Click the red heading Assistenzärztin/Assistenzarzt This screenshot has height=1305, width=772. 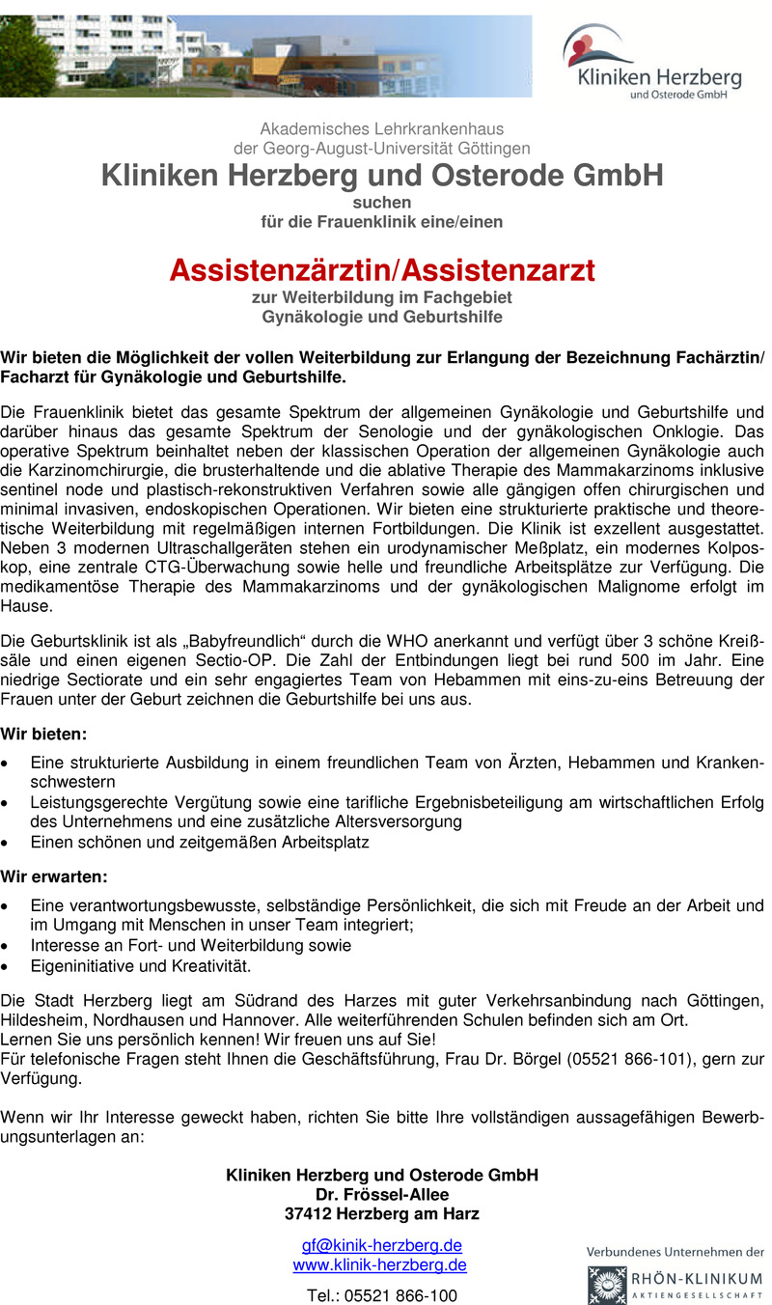(382, 270)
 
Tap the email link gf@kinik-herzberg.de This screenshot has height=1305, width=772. (381, 1244)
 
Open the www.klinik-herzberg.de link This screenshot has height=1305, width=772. (379, 1264)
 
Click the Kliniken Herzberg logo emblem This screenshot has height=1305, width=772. (591, 45)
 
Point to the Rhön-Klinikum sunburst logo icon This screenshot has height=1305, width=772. (606, 1285)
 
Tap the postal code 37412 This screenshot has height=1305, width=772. (308, 1213)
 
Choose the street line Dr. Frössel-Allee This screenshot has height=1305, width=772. (381, 1194)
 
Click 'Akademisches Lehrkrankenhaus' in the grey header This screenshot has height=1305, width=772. (381, 128)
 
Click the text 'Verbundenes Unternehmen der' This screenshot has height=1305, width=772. (675, 1251)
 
